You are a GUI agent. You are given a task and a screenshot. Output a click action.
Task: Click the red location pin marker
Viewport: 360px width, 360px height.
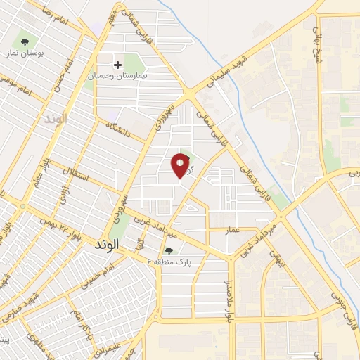[x=181, y=165]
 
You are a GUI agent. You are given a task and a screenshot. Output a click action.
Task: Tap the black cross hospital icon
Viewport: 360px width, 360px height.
[x=117, y=65]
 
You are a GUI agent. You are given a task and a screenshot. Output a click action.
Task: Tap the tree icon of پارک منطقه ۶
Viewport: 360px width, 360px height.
[x=168, y=250]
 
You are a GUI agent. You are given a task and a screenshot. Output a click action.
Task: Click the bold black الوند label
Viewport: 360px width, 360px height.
[x=107, y=245]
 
